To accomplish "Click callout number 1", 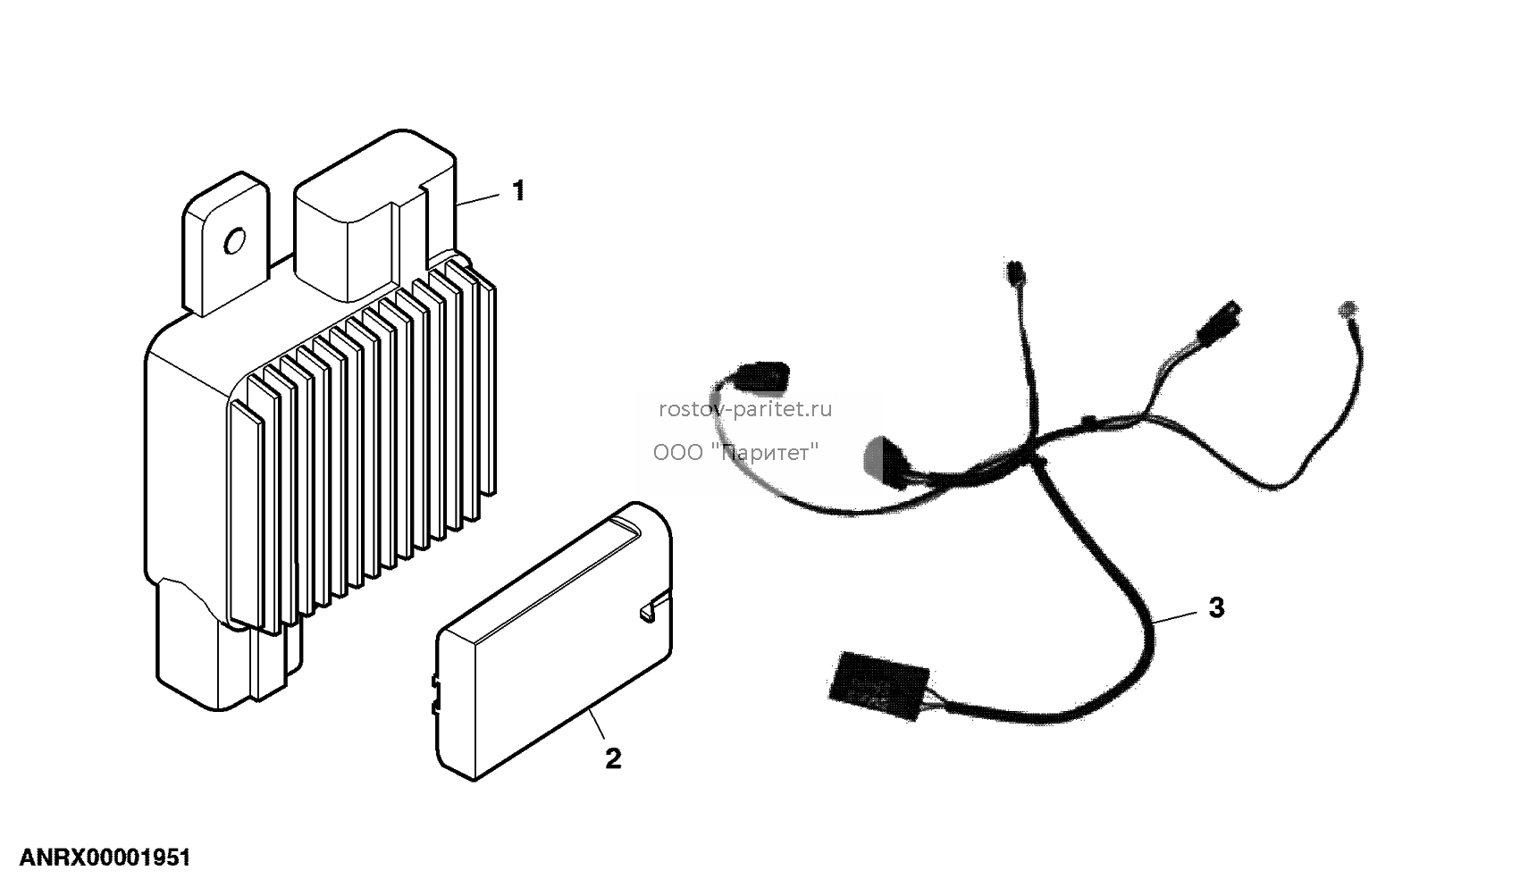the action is pyautogui.click(x=518, y=190).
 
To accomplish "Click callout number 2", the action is pyautogui.click(x=613, y=759).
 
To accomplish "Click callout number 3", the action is pyautogui.click(x=1217, y=607).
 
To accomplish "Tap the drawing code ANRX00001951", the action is pyautogui.click(x=105, y=858).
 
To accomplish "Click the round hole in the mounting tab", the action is pyautogui.click(x=235, y=240).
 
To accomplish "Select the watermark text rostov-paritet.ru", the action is pyautogui.click(x=745, y=409).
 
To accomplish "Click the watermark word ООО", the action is pyautogui.click(x=678, y=452).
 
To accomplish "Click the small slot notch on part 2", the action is pyautogui.click(x=649, y=609).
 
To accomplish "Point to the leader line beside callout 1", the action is pyautogui.click(x=477, y=199).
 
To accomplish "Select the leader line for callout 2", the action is pyautogui.click(x=596, y=724).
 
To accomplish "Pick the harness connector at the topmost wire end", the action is pyautogui.click(x=1016, y=272).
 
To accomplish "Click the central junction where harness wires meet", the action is pyautogui.click(x=1035, y=461).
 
